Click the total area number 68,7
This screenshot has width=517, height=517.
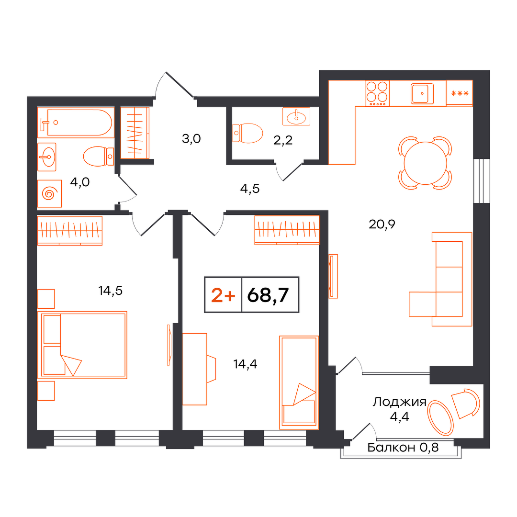268,295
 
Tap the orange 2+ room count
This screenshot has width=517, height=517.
223,295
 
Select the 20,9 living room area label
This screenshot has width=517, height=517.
382,224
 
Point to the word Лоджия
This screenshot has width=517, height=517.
400,402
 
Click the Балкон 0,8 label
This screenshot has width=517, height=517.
403,448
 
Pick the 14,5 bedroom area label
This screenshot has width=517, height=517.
111,291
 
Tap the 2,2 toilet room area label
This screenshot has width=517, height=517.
283,140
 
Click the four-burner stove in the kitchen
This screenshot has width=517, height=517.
377,93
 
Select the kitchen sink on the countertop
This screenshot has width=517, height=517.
422,94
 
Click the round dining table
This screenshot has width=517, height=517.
426,163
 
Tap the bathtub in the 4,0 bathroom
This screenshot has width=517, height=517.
76,123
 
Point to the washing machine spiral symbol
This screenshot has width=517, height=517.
49,193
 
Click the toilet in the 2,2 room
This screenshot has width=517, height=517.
247,133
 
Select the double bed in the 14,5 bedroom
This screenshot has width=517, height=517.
82,345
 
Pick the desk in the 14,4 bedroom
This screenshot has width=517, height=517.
195,369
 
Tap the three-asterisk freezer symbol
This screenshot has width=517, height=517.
460,94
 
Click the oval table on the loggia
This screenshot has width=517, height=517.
440,418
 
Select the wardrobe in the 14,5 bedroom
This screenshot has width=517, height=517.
70,230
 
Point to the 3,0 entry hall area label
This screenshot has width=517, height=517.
191,139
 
